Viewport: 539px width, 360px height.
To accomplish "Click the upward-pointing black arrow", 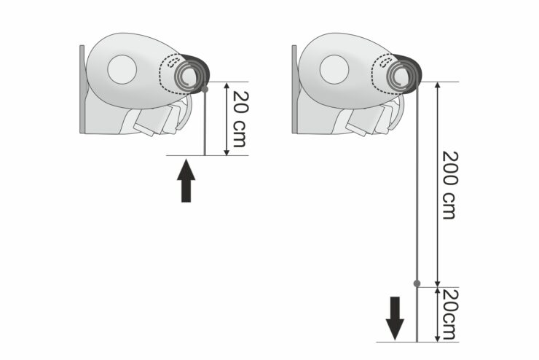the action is pyautogui.click(x=186, y=180).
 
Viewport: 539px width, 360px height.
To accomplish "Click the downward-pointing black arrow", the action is pyautogui.click(x=395, y=318).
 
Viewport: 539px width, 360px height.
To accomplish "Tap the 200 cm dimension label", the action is pyautogui.click(x=450, y=184).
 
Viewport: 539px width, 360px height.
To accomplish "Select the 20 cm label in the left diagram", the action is pyautogui.click(x=240, y=119).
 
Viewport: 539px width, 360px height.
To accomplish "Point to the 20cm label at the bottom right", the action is pyautogui.click(x=450, y=314).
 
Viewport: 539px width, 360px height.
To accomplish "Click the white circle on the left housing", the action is pyautogui.click(x=122, y=69).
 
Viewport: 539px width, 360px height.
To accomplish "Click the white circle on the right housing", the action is pyautogui.click(x=334, y=69).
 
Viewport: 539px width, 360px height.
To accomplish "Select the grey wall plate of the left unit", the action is pyautogui.click(x=82, y=89).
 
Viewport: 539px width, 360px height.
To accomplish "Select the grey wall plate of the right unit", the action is pyautogui.click(x=294, y=89).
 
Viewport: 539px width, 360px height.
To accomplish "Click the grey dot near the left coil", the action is pyautogui.click(x=205, y=90).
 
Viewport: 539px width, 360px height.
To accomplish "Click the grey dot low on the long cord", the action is pyautogui.click(x=417, y=283).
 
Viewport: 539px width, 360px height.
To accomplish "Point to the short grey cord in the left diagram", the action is pyautogui.click(x=205, y=122).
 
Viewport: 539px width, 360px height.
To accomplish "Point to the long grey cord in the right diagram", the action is pyautogui.click(x=417, y=214).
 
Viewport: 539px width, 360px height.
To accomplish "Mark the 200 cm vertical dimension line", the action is pyautogui.click(x=437, y=184).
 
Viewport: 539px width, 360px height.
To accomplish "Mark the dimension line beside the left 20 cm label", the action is pyautogui.click(x=227, y=119).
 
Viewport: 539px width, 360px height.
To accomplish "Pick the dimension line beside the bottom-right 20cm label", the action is pyautogui.click(x=437, y=315).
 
